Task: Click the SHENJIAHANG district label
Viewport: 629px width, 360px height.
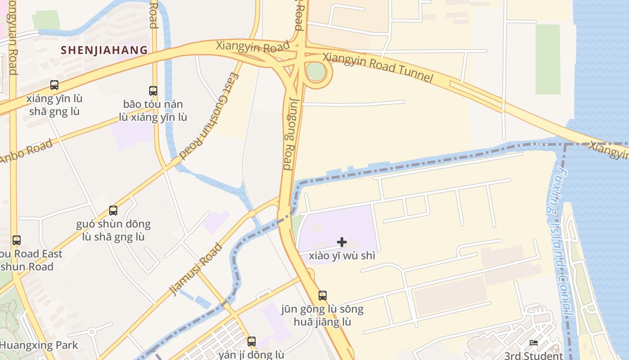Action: pyautogui.click(x=104, y=50)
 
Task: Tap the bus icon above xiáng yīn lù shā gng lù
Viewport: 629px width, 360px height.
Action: pyautogui.click(x=54, y=85)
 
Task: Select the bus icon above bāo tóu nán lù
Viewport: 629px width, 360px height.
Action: pyautogui.click(x=153, y=90)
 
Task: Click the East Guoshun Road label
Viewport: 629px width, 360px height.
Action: pyautogui.click(x=210, y=116)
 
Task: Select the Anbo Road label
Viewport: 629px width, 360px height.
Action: pyautogui.click(x=26, y=152)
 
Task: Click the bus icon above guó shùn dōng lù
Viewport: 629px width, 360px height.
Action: pyautogui.click(x=113, y=210)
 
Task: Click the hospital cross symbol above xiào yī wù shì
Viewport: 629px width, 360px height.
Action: pyautogui.click(x=342, y=242)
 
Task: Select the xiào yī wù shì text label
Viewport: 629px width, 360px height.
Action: pyautogui.click(x=342, y=256)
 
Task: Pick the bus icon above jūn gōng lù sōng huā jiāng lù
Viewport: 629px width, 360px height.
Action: pyautogui.click(x=323, y=295)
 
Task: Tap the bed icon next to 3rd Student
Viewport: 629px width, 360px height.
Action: pyautogui.click(x=534, y=343)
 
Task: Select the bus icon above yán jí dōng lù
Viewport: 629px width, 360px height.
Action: pyautogui.click(x=252, y=341)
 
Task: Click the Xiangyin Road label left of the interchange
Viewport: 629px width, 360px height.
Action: pyautogui.click(x=252, y=47)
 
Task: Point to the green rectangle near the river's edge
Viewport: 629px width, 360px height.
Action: pyautogui.click(x=548, y=59)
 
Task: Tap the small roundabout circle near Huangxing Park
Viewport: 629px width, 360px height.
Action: pyautogui.click(x=92, y=332)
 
